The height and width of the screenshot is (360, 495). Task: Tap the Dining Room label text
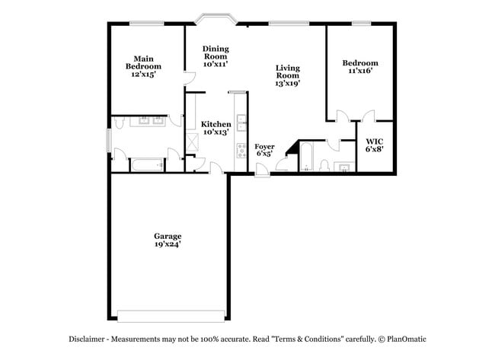coord(216,57)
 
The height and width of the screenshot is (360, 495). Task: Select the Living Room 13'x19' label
coord(287,75)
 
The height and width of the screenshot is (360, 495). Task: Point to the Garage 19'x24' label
coord(168,241)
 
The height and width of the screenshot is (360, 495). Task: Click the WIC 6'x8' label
coord(374,145)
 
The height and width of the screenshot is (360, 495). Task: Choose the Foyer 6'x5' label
coord(264,150)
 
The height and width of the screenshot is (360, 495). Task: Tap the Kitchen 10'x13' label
coord(216,128)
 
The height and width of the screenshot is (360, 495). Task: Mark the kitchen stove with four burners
coord(241,149)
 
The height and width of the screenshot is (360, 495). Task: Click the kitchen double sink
coord(241,121)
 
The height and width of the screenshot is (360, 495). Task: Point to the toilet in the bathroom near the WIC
coord(324,167)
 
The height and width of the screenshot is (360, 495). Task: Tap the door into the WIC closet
coord(369,117)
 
